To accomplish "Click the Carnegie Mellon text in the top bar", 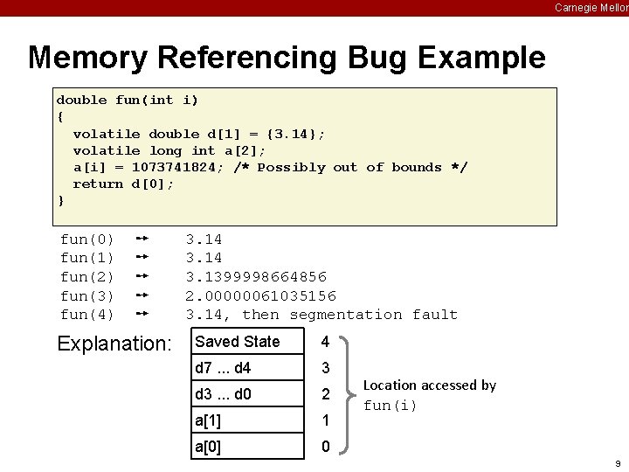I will [591, 8].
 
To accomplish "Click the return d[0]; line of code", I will [123, 184].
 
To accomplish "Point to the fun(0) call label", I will [86, 239].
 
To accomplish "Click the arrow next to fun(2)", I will [145, 276].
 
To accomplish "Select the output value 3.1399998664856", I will [256, 276].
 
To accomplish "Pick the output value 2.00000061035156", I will [260, 295].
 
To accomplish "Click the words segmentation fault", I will [373, 315].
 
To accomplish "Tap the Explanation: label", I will [114, 344].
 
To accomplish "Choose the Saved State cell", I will [248, 342].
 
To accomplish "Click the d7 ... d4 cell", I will [248, 368].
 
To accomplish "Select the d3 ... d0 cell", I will [248, 394].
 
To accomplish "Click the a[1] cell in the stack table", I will [248, 420].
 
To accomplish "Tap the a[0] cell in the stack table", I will [248, 447].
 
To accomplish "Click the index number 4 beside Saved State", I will [325, 342].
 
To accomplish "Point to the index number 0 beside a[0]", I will [325, 447].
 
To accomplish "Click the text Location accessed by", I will [429, 385].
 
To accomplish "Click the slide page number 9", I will [618, 462].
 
